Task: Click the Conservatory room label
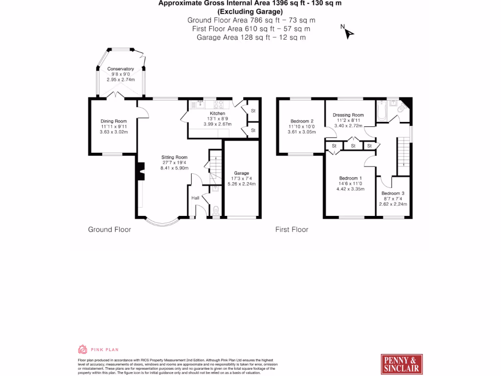pos(120,69)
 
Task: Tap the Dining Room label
pos(114,121)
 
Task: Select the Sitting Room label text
pos(175,157)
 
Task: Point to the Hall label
pos(195,198)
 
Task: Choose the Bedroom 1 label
pos(351,178)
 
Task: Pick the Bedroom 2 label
pos(302,121)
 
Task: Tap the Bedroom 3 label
pos(393,193)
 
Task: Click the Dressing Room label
pos(348,115)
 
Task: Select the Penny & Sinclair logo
pos(401,364)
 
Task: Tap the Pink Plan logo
pos(98,350)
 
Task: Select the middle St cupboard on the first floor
pos(353,145)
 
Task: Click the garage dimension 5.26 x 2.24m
pos(242,184)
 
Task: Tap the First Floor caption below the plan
pos(292,229)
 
